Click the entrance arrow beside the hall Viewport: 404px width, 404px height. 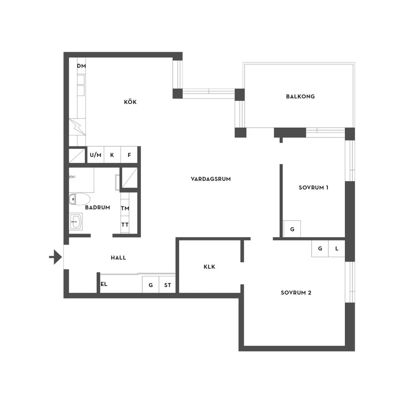click(x=56, y=257)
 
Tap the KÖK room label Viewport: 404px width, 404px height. click(x=130, y=102)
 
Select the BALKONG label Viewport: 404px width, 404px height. click(x=300, y=97)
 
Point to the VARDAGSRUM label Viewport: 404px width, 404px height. click(x=211, y=179)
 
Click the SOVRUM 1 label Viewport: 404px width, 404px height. click(x=314, y=187)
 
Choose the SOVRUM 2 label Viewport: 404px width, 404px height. click(x=296, y=293)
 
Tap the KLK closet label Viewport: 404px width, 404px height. click(x=209, y=267)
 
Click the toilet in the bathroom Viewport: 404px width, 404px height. click(x=80, y=199)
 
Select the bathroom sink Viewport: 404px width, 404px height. click(x=76, y=221)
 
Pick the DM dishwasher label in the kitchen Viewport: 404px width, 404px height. click(x=81, y=66)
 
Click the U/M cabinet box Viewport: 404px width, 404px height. click(x=95, y=155)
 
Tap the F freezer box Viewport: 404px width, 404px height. click(x=129, y=155)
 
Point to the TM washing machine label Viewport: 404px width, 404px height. click(x=125, y=208)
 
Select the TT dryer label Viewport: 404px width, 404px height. click(x=125, y=224)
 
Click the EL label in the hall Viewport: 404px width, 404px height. click(x=104, y=284)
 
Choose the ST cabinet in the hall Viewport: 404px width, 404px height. click(x=167, y=285)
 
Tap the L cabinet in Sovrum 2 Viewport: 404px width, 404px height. click(x=337, y=249)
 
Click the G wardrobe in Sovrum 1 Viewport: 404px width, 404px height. click(x=292, y=229)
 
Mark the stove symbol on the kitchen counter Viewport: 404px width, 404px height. click(x=77, y=127)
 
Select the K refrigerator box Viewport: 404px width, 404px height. click(x=112, y=155)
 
